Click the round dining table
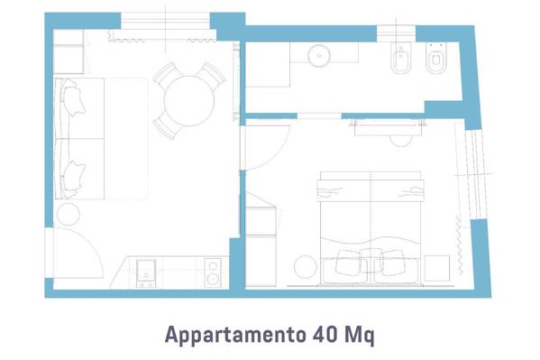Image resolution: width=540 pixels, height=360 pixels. point(189,101)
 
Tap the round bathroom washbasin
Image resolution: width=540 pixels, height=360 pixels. point(319,55)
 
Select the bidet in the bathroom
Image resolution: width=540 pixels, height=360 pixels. point(401,58)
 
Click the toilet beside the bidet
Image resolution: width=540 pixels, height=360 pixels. point(436,58)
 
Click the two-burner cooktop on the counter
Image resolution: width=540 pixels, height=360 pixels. point(213,272)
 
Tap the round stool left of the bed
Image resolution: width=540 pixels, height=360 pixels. point(306,267)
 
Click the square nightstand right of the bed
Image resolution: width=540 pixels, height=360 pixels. point(437,268)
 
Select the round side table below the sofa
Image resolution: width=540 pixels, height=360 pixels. point(69,214)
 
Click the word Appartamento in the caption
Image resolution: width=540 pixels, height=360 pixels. point(235,334)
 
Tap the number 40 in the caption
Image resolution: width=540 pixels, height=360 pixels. point(325,334)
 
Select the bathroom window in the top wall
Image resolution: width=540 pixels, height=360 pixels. point(396,33)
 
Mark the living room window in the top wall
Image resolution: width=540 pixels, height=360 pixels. point(165,22)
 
